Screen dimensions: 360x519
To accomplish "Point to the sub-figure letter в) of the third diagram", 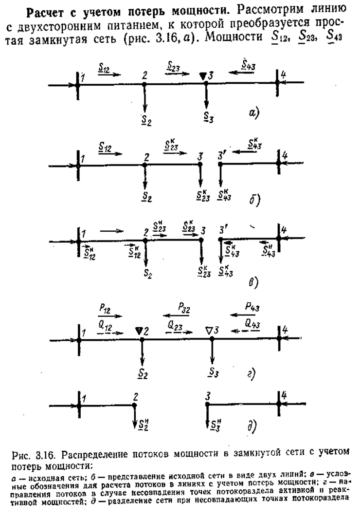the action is (x=254, y=282).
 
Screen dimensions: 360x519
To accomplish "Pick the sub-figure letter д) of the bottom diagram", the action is (x=252, y=426).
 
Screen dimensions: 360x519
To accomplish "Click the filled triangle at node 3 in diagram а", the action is (x=202, y=76).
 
